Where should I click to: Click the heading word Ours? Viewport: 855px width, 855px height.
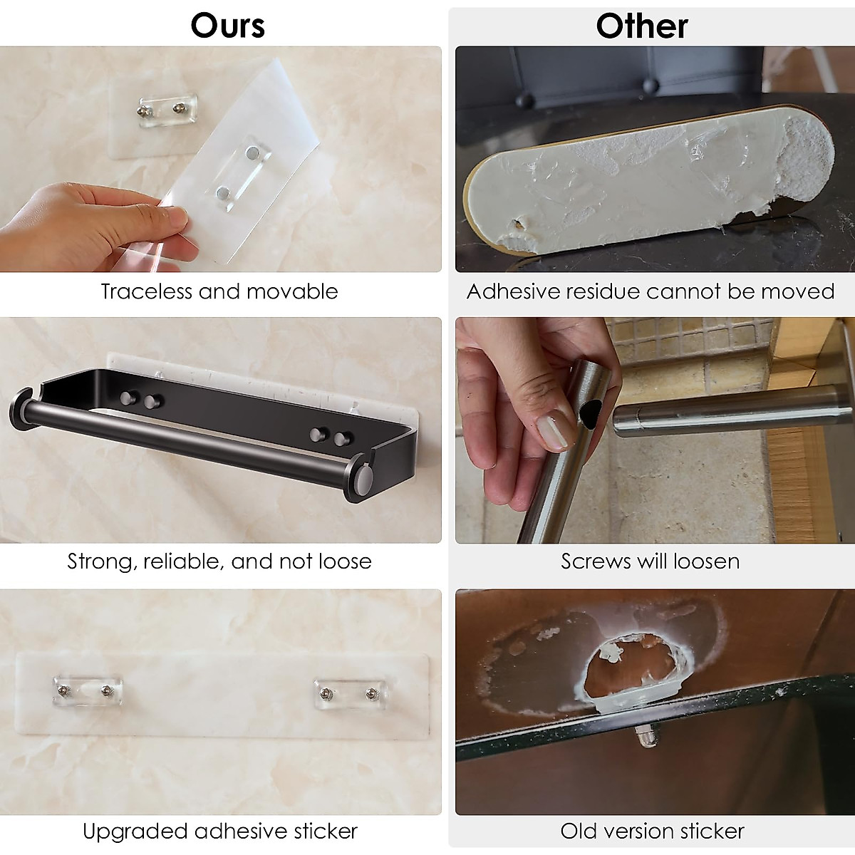(227, 26)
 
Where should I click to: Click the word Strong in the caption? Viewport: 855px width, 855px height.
(100, 561)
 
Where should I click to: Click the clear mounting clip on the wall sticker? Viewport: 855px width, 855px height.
(167, 110)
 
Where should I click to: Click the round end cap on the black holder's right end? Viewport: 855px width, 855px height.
(362, 477)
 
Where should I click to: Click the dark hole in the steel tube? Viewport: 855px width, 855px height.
(591, 411)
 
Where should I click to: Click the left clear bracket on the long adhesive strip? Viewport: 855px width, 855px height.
(87, 690)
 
